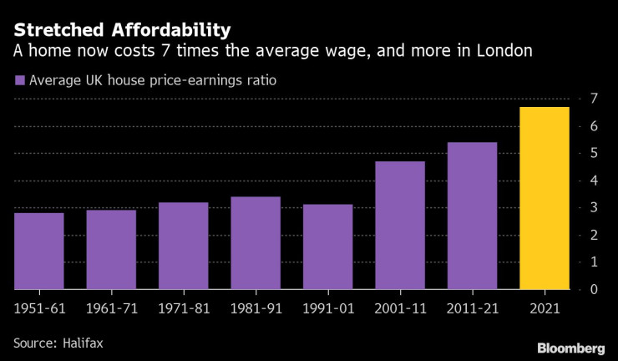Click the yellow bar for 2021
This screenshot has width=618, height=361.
pyautogui.click(x=545, y=198)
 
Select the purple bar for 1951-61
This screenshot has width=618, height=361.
pyautogui.click(x=39, y=251)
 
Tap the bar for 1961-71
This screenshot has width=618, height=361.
pyautogui.click(x=111, y=249)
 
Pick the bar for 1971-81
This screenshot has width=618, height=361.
pyautogui.click(x=183, y=246)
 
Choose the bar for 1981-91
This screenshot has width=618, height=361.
pyautogui.click(x=256, y=242)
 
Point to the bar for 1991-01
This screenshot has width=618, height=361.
pyautogui.click(x=327, y=247)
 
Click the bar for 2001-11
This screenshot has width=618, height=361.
pyautogui.click(x=400, y=225)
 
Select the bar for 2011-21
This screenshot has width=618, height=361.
pyautogui.click(x=472, y=216)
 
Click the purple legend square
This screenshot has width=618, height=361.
pyautogui.click(x=18, y=81)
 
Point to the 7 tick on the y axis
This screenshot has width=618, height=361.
pyautogui.click(x=592, y=99)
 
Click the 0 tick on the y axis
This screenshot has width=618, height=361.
pyautogui.click(x=592, y=289)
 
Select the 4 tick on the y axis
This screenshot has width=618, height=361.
pyautogui.click(x=592, y=180)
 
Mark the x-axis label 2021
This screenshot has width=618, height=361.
pyautogui.click(x=545, y=308)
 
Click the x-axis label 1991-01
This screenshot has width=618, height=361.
pyautogui.click(x=327, y=308)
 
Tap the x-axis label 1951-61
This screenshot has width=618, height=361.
pyautogui.click(x=39, y=308)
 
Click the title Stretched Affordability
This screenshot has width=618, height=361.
pyautogui.click(x=121, y=31)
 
